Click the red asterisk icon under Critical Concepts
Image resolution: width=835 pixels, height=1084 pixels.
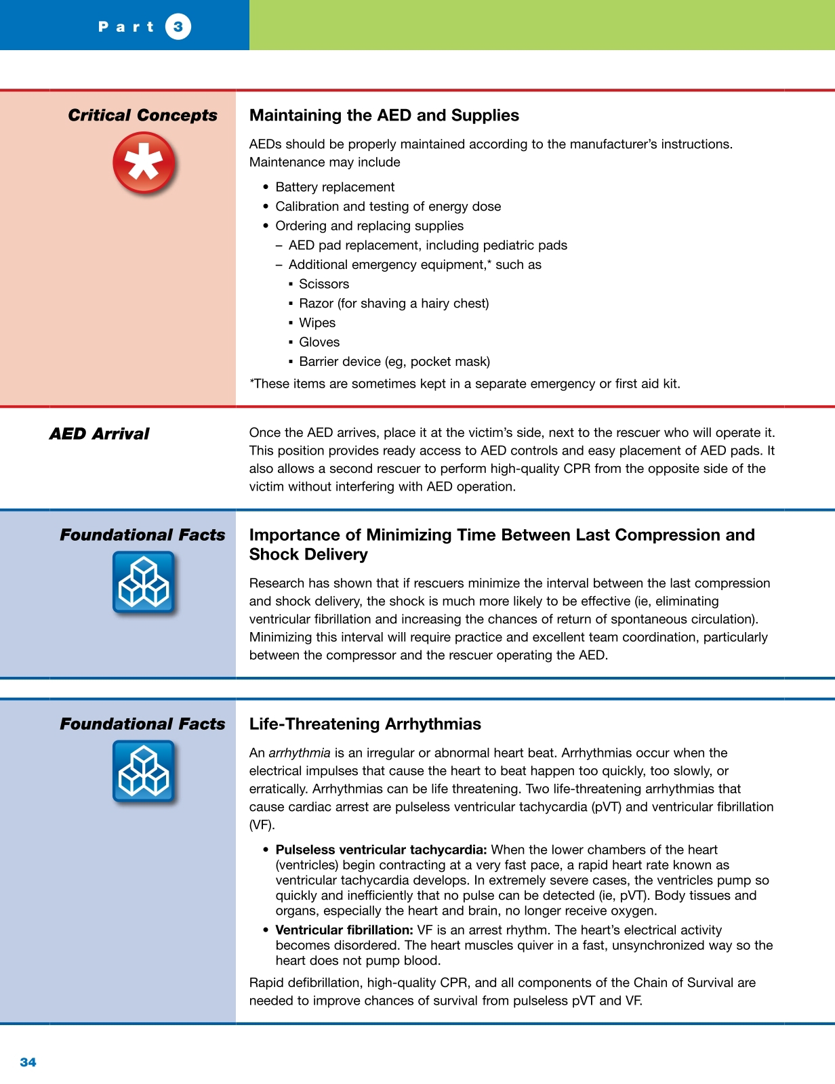[144, 163]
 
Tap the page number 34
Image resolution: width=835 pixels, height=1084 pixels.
[28, 1062]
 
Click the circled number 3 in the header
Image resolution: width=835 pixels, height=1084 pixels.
[178, 27]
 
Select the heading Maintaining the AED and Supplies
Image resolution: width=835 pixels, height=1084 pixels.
[384, 115]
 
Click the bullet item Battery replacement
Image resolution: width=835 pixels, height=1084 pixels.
[334, 187]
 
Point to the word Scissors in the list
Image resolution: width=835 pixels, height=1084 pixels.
[324, 284]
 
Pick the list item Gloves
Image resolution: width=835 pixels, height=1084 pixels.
[319, 342]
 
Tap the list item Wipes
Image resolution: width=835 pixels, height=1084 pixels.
[317, 322]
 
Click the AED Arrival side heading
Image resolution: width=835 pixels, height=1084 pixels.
[99, 434]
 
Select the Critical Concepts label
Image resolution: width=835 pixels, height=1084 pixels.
[142, 115]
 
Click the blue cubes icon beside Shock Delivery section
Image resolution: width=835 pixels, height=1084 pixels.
[143, 583]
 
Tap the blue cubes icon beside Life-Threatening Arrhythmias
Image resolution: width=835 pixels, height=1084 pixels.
[143, 772]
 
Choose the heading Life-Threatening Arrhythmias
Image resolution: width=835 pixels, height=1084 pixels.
[365, 724]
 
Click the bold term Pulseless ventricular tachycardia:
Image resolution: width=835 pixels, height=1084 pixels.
[381, 850]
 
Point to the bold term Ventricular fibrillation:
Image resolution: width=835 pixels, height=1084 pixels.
[344, 930]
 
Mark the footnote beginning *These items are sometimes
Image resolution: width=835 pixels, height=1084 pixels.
[464, 383]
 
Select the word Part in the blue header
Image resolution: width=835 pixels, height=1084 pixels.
[126, 27]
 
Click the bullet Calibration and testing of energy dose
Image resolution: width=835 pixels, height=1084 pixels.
[388, 207]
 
